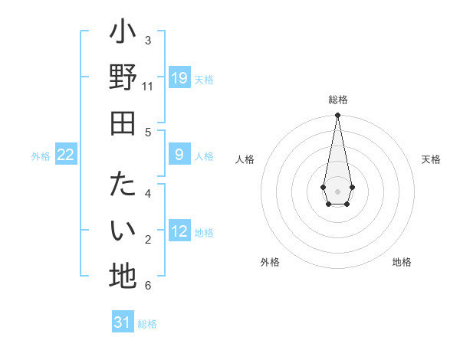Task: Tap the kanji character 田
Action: click(x=123, y=123)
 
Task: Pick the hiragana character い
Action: click(x=123, y=231)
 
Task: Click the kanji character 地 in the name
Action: click(x=123, y=276)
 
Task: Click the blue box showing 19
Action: click(x=179, y=77)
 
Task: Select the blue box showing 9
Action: click(x=179, y=155)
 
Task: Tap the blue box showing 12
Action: click(x=179, y=231)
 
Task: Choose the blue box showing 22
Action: click(x=66, y=155)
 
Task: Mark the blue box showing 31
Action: click(x=123, y=322)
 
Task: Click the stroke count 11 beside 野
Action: click(x=147, y=87)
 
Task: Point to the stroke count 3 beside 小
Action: click(x=148, y=40)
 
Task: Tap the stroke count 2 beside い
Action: click(x=148, y=240)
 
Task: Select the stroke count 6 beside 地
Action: click(x=148, y=286)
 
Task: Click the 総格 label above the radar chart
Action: click(x=337, y=100)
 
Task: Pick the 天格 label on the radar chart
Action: click(x=431, y=159)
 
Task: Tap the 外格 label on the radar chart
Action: click(x=270, y=262)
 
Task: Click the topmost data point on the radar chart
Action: click(x=337, y=116)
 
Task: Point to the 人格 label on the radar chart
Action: click(x=245, y=159)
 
